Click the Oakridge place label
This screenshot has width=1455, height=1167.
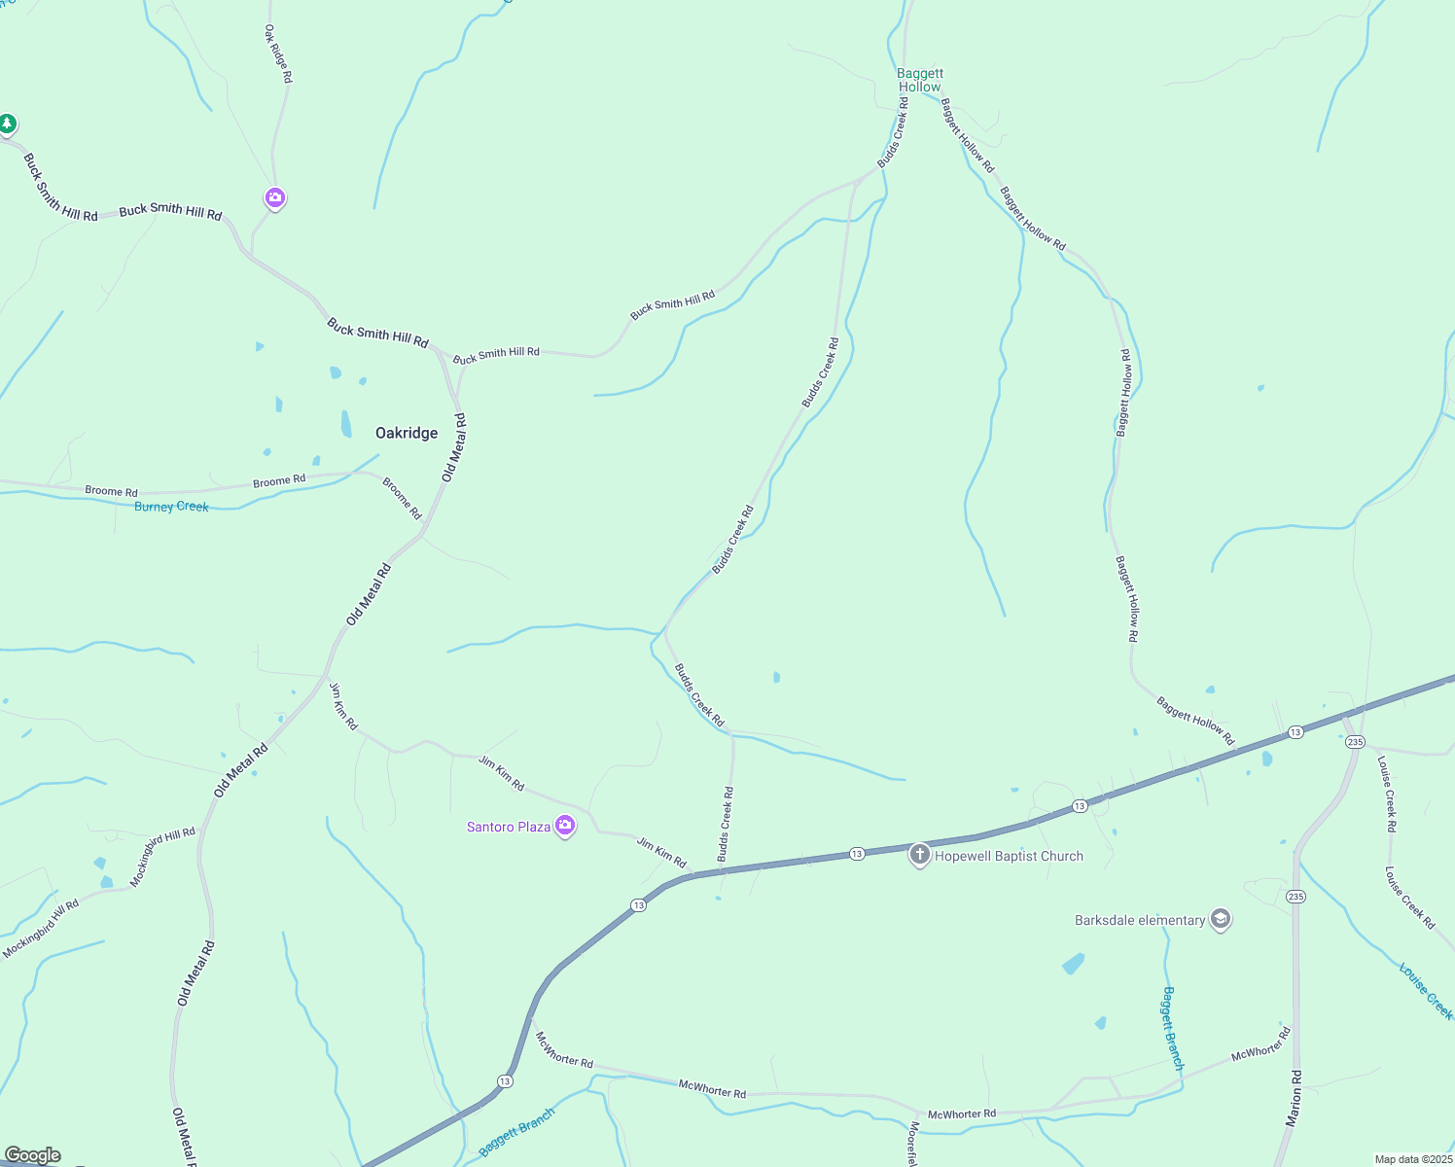point(407,433)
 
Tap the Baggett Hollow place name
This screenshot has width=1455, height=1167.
point(920,80)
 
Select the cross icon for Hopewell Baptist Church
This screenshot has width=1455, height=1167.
point(919,856)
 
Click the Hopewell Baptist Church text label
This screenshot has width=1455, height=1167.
point(1009,856)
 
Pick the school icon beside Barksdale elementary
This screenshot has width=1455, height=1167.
point(1221,919)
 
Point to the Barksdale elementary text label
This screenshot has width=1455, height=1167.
point(1140,920)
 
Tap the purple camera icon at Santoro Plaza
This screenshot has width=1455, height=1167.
point(565,826)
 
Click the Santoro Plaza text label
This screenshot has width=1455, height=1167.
point(509,827)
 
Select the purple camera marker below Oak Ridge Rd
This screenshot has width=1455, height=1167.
point(275,198)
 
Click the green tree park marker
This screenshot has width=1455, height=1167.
point(8,124)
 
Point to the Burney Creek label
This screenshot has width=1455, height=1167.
point(171,507)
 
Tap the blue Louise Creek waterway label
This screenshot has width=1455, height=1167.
point(1425,991)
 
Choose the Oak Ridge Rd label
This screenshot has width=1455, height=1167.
point(278,53)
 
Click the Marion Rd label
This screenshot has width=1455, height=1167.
point(1294,1099)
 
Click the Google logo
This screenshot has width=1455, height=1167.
point(32,1155)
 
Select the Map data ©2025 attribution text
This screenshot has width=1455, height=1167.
point(1412,1159)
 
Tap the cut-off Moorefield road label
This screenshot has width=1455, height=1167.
point(913,1144)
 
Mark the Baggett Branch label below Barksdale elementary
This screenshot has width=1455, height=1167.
point(1173,1028)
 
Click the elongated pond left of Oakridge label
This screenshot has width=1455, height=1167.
point(346,424)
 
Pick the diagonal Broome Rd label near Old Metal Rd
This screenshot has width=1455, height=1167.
point(402,498)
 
